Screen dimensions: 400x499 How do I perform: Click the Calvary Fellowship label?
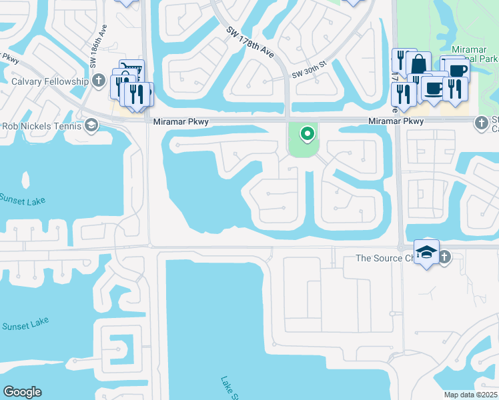pyautogui.click(x=50, y=81)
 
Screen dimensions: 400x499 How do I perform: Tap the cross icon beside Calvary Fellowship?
pyautogui.click(x=99, y=81)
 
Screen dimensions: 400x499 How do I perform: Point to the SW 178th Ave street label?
pyautogui.click(x=250, y=41)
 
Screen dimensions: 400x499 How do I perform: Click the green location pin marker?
pyautogui.click(x=307, y=134)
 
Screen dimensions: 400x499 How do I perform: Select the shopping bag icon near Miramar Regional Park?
pyautogui.click(x=419, y=64)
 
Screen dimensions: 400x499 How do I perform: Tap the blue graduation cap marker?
pyautogui.click(x=426, y=252)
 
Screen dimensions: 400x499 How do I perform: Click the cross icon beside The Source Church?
pyautogui.click(x=443, y=257)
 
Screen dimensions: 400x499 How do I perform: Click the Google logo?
pyautogui.click(x=22, y=392)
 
